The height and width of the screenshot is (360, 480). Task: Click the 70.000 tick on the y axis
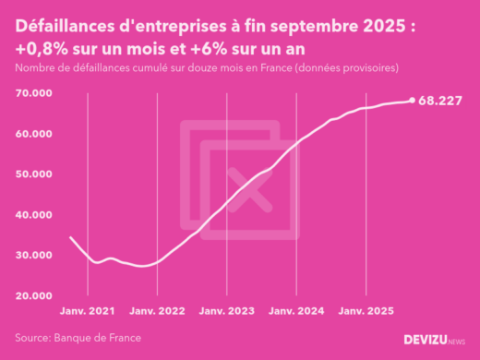click(33, 94)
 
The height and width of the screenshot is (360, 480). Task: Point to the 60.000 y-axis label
click(33, 134)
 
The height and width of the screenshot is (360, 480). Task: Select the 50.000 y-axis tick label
click(33, 174)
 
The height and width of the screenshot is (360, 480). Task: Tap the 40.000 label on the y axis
click(33, 215)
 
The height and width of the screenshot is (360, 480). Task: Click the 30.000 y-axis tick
click(33, 255)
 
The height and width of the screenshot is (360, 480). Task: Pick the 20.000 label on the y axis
click(33, 295)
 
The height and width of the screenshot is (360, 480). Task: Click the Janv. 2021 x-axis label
click(87, 312)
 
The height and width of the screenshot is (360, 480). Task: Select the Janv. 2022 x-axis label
click(157, 312)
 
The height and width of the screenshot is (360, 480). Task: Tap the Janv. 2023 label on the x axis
click(227, 312)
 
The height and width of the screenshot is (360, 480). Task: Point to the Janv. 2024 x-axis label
click(297, 312)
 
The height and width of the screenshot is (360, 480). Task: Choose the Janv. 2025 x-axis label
click(366, 312)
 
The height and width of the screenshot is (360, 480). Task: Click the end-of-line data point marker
click(412, 101)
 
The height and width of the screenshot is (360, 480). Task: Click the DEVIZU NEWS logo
click(435, 340)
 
